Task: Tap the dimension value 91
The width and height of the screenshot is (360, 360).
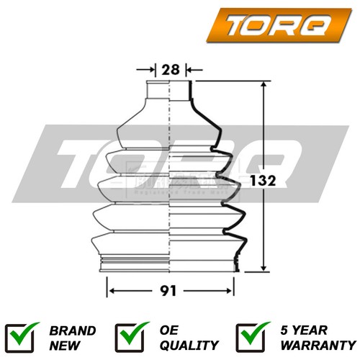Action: click(x=171, y=292)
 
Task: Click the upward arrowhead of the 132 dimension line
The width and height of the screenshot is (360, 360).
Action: click(x=265, y=86)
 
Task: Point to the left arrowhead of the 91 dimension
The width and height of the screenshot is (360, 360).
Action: click(x=111, y=292)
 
